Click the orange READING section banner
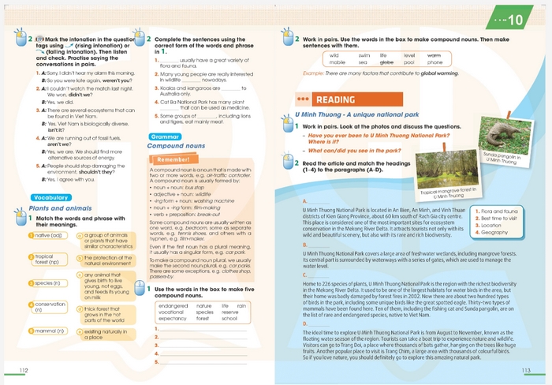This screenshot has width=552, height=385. tap(334, 99)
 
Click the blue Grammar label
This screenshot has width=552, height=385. tap(160, 136)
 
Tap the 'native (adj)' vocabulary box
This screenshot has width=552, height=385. tap(49, 235)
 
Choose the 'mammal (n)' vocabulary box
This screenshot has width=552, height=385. tap(49, 331)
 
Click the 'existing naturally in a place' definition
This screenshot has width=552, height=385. tap(103, 335)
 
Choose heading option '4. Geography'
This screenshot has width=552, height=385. tap(495, 233)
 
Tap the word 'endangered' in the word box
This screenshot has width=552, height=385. tap(173, 305)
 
